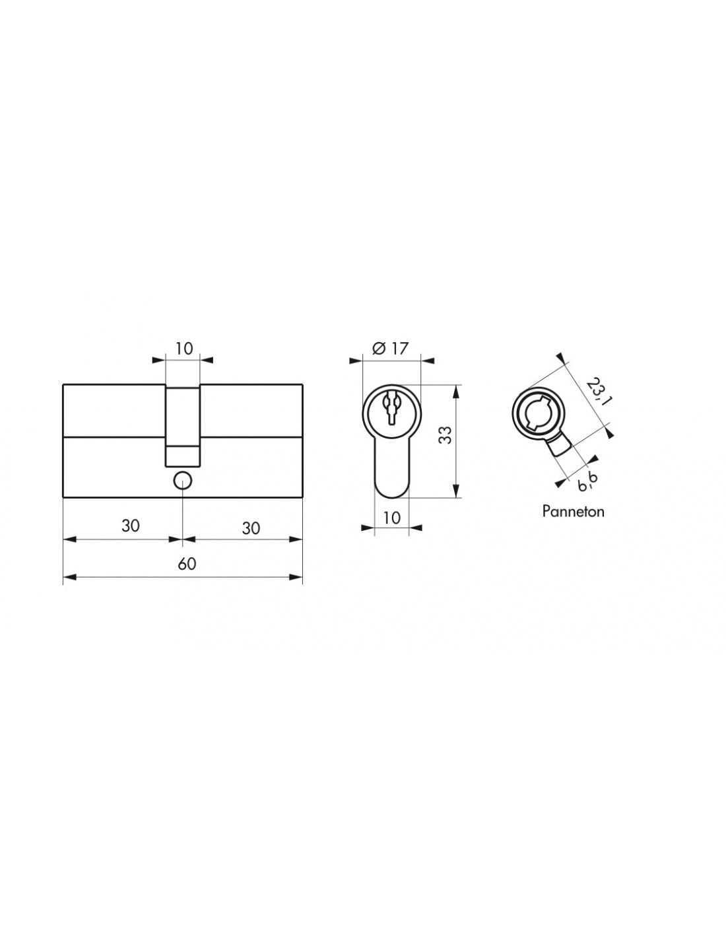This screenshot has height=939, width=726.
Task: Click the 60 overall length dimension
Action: [x=187, y=564]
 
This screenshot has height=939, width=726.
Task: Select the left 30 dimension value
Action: [x=131, y=526]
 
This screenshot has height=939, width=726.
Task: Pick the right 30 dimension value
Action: [x=251, y=528]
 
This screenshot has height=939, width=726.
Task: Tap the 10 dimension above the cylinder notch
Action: [x=184, y=348]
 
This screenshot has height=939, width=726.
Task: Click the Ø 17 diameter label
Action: [x=389, y=348]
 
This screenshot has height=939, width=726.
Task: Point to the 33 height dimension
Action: [x=445, y=435]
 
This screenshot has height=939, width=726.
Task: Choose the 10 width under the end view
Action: [x=392, y=518]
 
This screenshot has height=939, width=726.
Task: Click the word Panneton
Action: [x=573, y=512]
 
